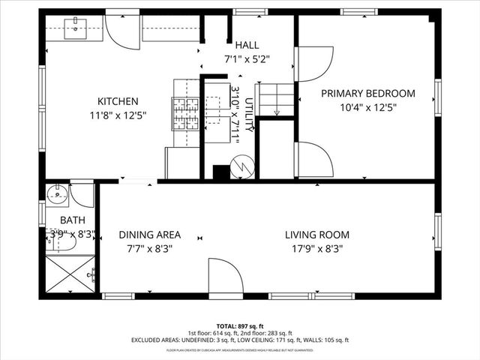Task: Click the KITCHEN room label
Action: tap(118, 101)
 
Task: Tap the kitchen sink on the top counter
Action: tap(76, 29)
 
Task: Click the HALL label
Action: tap(247, 45)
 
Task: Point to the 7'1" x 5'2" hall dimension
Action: tap(247, 58)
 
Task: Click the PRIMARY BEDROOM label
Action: tap(367, 93)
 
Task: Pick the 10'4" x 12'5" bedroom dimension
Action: tap(367, 106)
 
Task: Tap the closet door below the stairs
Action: tap(314, 160)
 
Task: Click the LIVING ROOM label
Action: tap(316, 235)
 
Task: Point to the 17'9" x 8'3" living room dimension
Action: tap(316, 248)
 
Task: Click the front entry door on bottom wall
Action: tap(225, 276)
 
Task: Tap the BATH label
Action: tap(73, 220)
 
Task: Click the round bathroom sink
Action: tap(58, 196)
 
